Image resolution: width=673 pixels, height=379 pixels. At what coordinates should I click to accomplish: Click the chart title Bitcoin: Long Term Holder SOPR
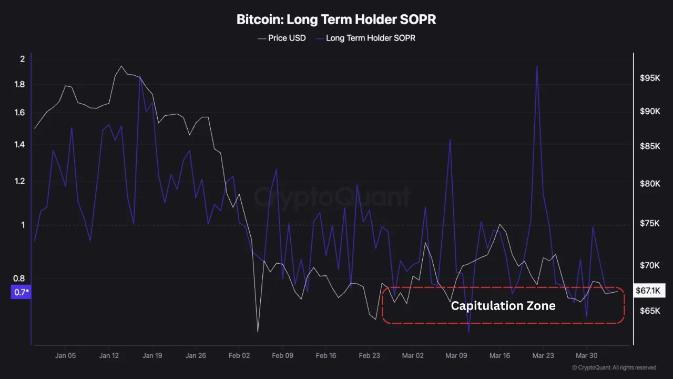pyautogui.click(x=336, y=20)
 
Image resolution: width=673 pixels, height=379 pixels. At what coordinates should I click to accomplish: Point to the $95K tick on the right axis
pyautogui.click(x=649, y=78)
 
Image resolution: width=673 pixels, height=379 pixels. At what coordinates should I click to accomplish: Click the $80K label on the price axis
pyautogui.click(x=649, y=184)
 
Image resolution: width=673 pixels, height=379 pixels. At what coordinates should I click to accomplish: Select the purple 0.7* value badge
pyautogui.click(x=21, y=292)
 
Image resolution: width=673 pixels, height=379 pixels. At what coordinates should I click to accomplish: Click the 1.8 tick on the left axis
pyautogui.click(x=19, y=85)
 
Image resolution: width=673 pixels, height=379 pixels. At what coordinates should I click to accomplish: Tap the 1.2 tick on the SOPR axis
pyautogui.click(x=19, y=182)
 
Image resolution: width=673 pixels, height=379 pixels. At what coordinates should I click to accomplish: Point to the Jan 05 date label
pyautogui.click(x=65, y=355)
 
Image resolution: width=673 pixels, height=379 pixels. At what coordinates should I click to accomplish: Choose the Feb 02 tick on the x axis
pyautogui.click(x=239, y=355)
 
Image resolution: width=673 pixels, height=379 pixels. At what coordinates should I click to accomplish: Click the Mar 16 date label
pyautogui.click(x=499, y=355)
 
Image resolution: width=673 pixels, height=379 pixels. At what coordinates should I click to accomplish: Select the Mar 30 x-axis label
pyautogui.click(x=586, y=355)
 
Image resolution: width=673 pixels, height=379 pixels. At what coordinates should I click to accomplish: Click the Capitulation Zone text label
pyautogui.click(x=503, y=306)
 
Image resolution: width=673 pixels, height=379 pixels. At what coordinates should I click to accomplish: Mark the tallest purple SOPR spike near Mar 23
pyautogui.click(x=537, y=67)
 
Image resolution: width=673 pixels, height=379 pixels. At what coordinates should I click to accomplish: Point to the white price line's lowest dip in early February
pyautogui.click(x=258, y=331)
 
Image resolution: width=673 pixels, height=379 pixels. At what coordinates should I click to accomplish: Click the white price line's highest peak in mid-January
pyautogui.click(x=121, y=66)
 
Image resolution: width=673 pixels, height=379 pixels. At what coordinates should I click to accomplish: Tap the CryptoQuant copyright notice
pyautogui.click(x=614, y=367)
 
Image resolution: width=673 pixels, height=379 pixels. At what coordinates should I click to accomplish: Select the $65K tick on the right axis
pyautogui.click(x=649, y=311)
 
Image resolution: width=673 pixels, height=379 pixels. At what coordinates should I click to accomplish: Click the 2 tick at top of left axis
pyautogui.click(x=22, y=59)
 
